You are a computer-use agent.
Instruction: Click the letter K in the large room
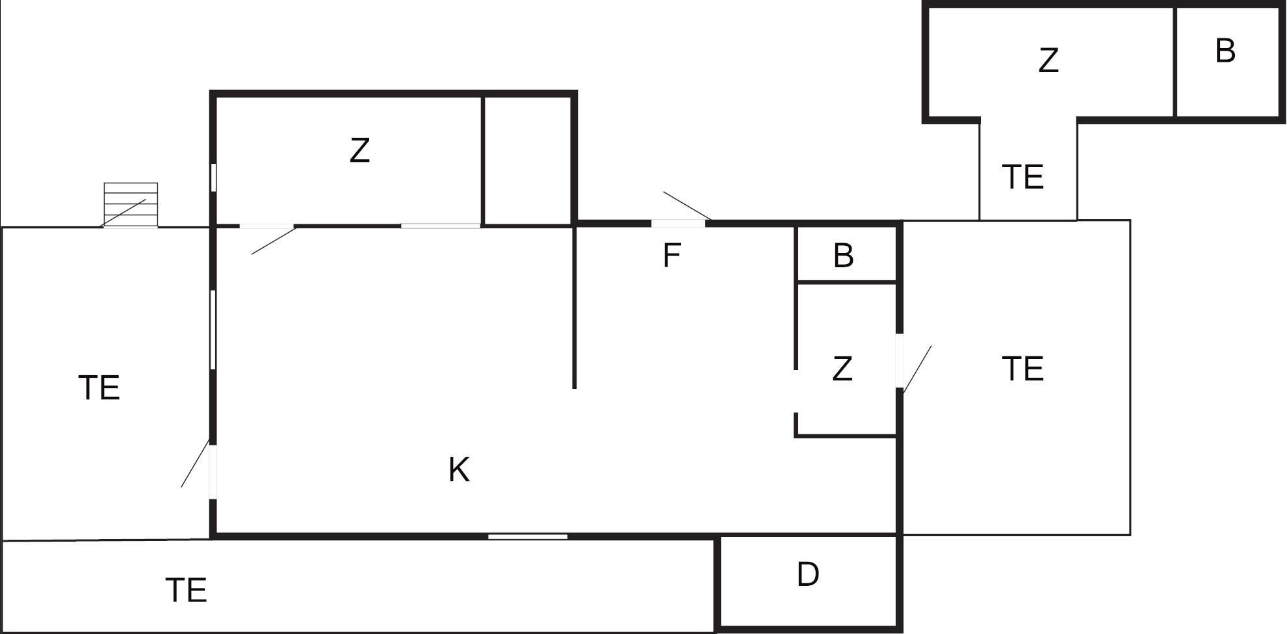[459, 469]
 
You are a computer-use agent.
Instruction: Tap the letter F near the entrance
[671, 255]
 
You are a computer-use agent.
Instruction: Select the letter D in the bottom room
[808, 574]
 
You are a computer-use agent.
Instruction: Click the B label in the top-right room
[1225, 50]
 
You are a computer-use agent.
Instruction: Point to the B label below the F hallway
[843, 256]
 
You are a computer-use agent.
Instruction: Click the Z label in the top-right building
[1048, 60]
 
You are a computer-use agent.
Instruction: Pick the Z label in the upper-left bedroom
[359, 150]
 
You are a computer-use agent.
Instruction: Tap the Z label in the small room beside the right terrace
[842, 369]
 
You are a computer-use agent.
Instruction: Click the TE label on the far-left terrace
[99, 388]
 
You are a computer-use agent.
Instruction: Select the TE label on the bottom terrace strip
[187, 590]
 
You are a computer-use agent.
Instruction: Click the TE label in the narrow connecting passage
[1023, 177]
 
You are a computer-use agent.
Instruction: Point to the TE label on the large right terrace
[1023, 369]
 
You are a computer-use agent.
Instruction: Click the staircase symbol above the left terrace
[131, 205]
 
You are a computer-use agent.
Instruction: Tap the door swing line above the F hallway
[687, 205]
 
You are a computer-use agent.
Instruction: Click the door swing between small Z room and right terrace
[917, 369]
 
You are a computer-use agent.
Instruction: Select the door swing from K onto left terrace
[195, 464]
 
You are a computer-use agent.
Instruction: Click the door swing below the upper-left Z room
[274, 241]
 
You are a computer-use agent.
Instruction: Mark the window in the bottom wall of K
[528, 536]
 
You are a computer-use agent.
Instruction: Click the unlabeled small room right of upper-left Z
[528, 160]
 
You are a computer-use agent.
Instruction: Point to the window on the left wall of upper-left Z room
[213, 178]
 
